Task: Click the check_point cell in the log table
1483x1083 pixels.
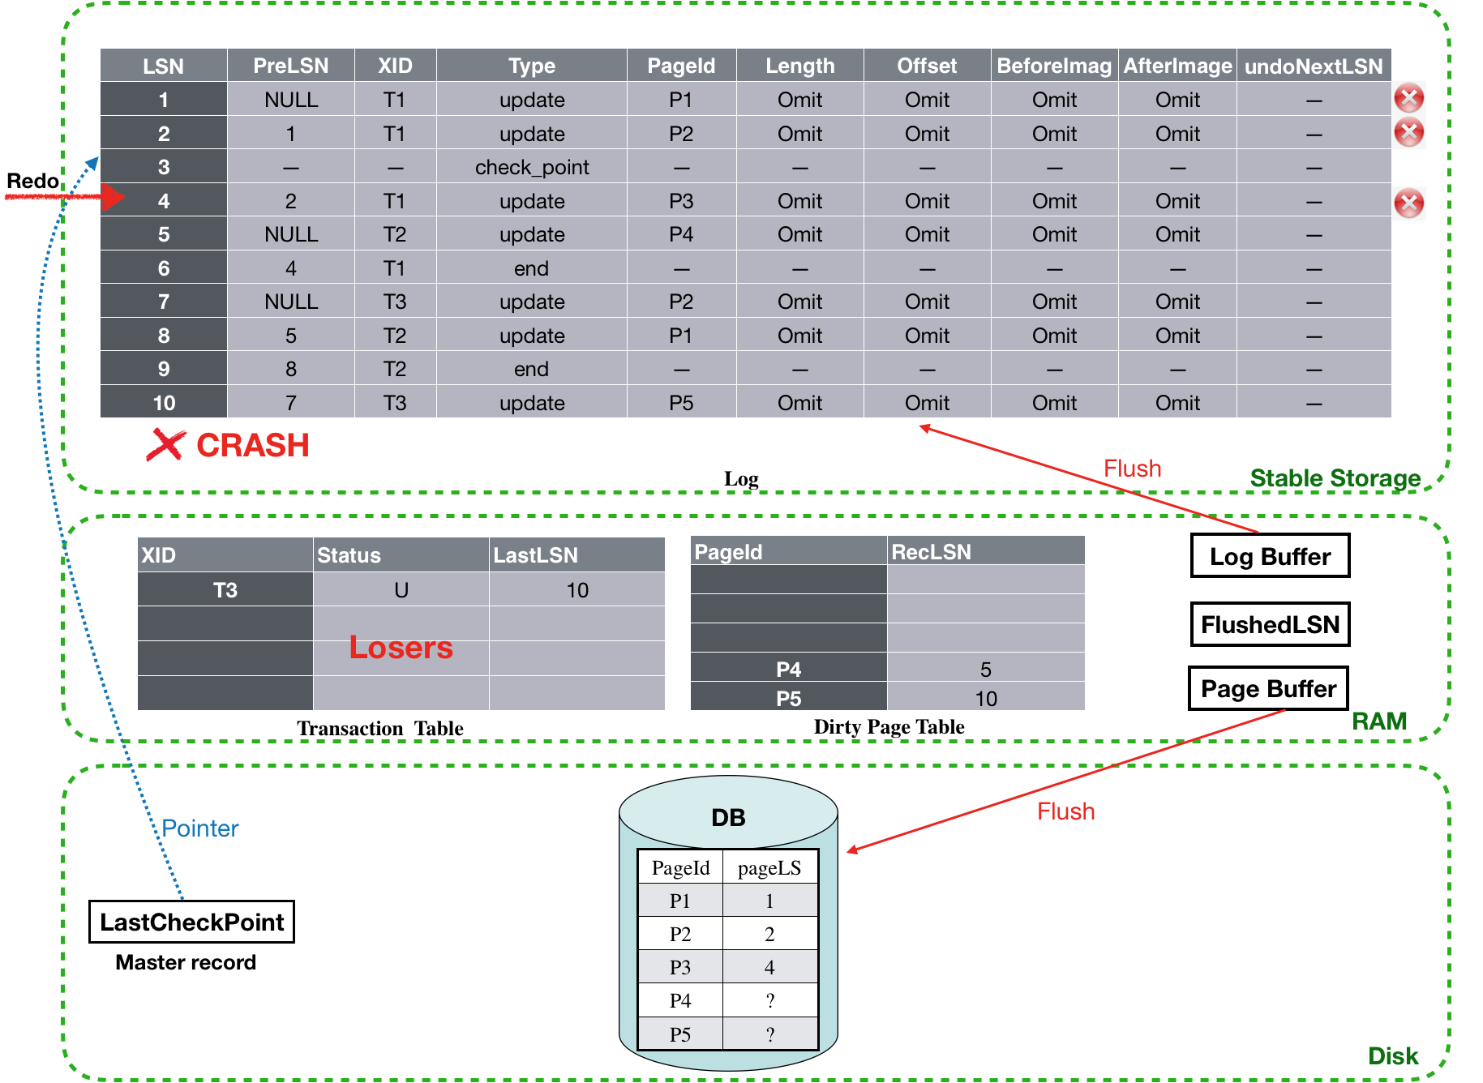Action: point(532,167)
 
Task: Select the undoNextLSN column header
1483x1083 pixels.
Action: point(1314,66)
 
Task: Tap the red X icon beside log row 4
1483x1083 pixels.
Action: point(1408,203)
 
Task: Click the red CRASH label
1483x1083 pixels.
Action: point(252,445)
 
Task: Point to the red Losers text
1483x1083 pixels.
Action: point(401,647)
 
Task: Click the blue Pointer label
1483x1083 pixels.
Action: point(200,828)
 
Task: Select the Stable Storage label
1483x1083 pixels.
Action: point(1335,478)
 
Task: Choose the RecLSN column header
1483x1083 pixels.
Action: point(931,552)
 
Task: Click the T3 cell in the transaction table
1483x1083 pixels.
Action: point(225,590)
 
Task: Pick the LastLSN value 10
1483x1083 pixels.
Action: point(577,590)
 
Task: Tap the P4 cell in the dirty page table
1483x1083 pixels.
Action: point(788,670)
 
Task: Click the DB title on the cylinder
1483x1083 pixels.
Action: point(728,817)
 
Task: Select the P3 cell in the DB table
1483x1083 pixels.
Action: point(679,967)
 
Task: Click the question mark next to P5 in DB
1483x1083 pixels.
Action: point(769,1034)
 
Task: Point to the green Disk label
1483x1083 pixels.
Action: point(1393,1055)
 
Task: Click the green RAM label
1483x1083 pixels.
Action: point(1379,721)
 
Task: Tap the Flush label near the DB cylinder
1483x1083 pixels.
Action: point(1065,811)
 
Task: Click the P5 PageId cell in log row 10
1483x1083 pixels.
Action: point(681,403)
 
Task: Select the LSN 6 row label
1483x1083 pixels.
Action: point(164,268)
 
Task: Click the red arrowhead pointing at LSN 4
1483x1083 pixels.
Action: point(112,198)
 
